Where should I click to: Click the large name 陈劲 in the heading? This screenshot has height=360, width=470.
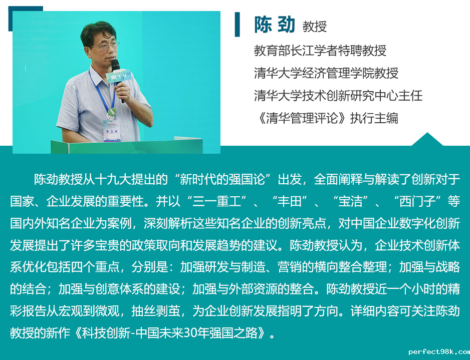point(275,24)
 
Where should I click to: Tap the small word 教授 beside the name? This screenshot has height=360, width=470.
point(315,27)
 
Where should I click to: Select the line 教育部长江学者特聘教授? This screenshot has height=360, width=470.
point(320,51)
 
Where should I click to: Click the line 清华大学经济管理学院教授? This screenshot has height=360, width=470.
point(326,73)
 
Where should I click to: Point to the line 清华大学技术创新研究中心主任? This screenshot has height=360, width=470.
point(338,96)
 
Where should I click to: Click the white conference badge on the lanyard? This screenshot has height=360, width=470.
point(112,131)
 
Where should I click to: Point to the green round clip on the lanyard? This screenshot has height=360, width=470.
point(112,112)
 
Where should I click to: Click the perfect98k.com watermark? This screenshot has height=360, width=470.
point(439,351)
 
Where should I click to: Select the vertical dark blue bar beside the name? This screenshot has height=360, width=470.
point(238,24)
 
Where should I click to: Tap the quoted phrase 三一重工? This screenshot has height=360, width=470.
point(217,201)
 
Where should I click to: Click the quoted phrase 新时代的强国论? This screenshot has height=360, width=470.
point(222,179)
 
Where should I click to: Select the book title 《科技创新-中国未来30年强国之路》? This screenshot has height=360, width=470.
point(170,333)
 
